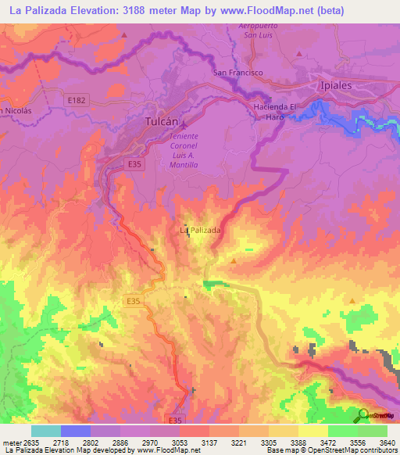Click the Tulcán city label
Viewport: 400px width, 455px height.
click(x=163, y=122)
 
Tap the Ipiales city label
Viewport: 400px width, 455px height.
click(x=337, y=85)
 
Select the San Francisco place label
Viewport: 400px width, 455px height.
click(x=238, y=73)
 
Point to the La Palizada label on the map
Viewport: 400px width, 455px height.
click(x=201, y=231)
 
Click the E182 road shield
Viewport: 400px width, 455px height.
click(x=76, y=99)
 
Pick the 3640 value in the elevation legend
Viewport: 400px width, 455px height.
click(x=377, y=442)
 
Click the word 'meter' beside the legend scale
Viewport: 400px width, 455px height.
click(x=9, y=442)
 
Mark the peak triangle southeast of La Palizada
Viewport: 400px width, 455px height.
click(x=234, y=260)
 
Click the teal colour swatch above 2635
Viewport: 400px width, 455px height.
click(x=46, y=431)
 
